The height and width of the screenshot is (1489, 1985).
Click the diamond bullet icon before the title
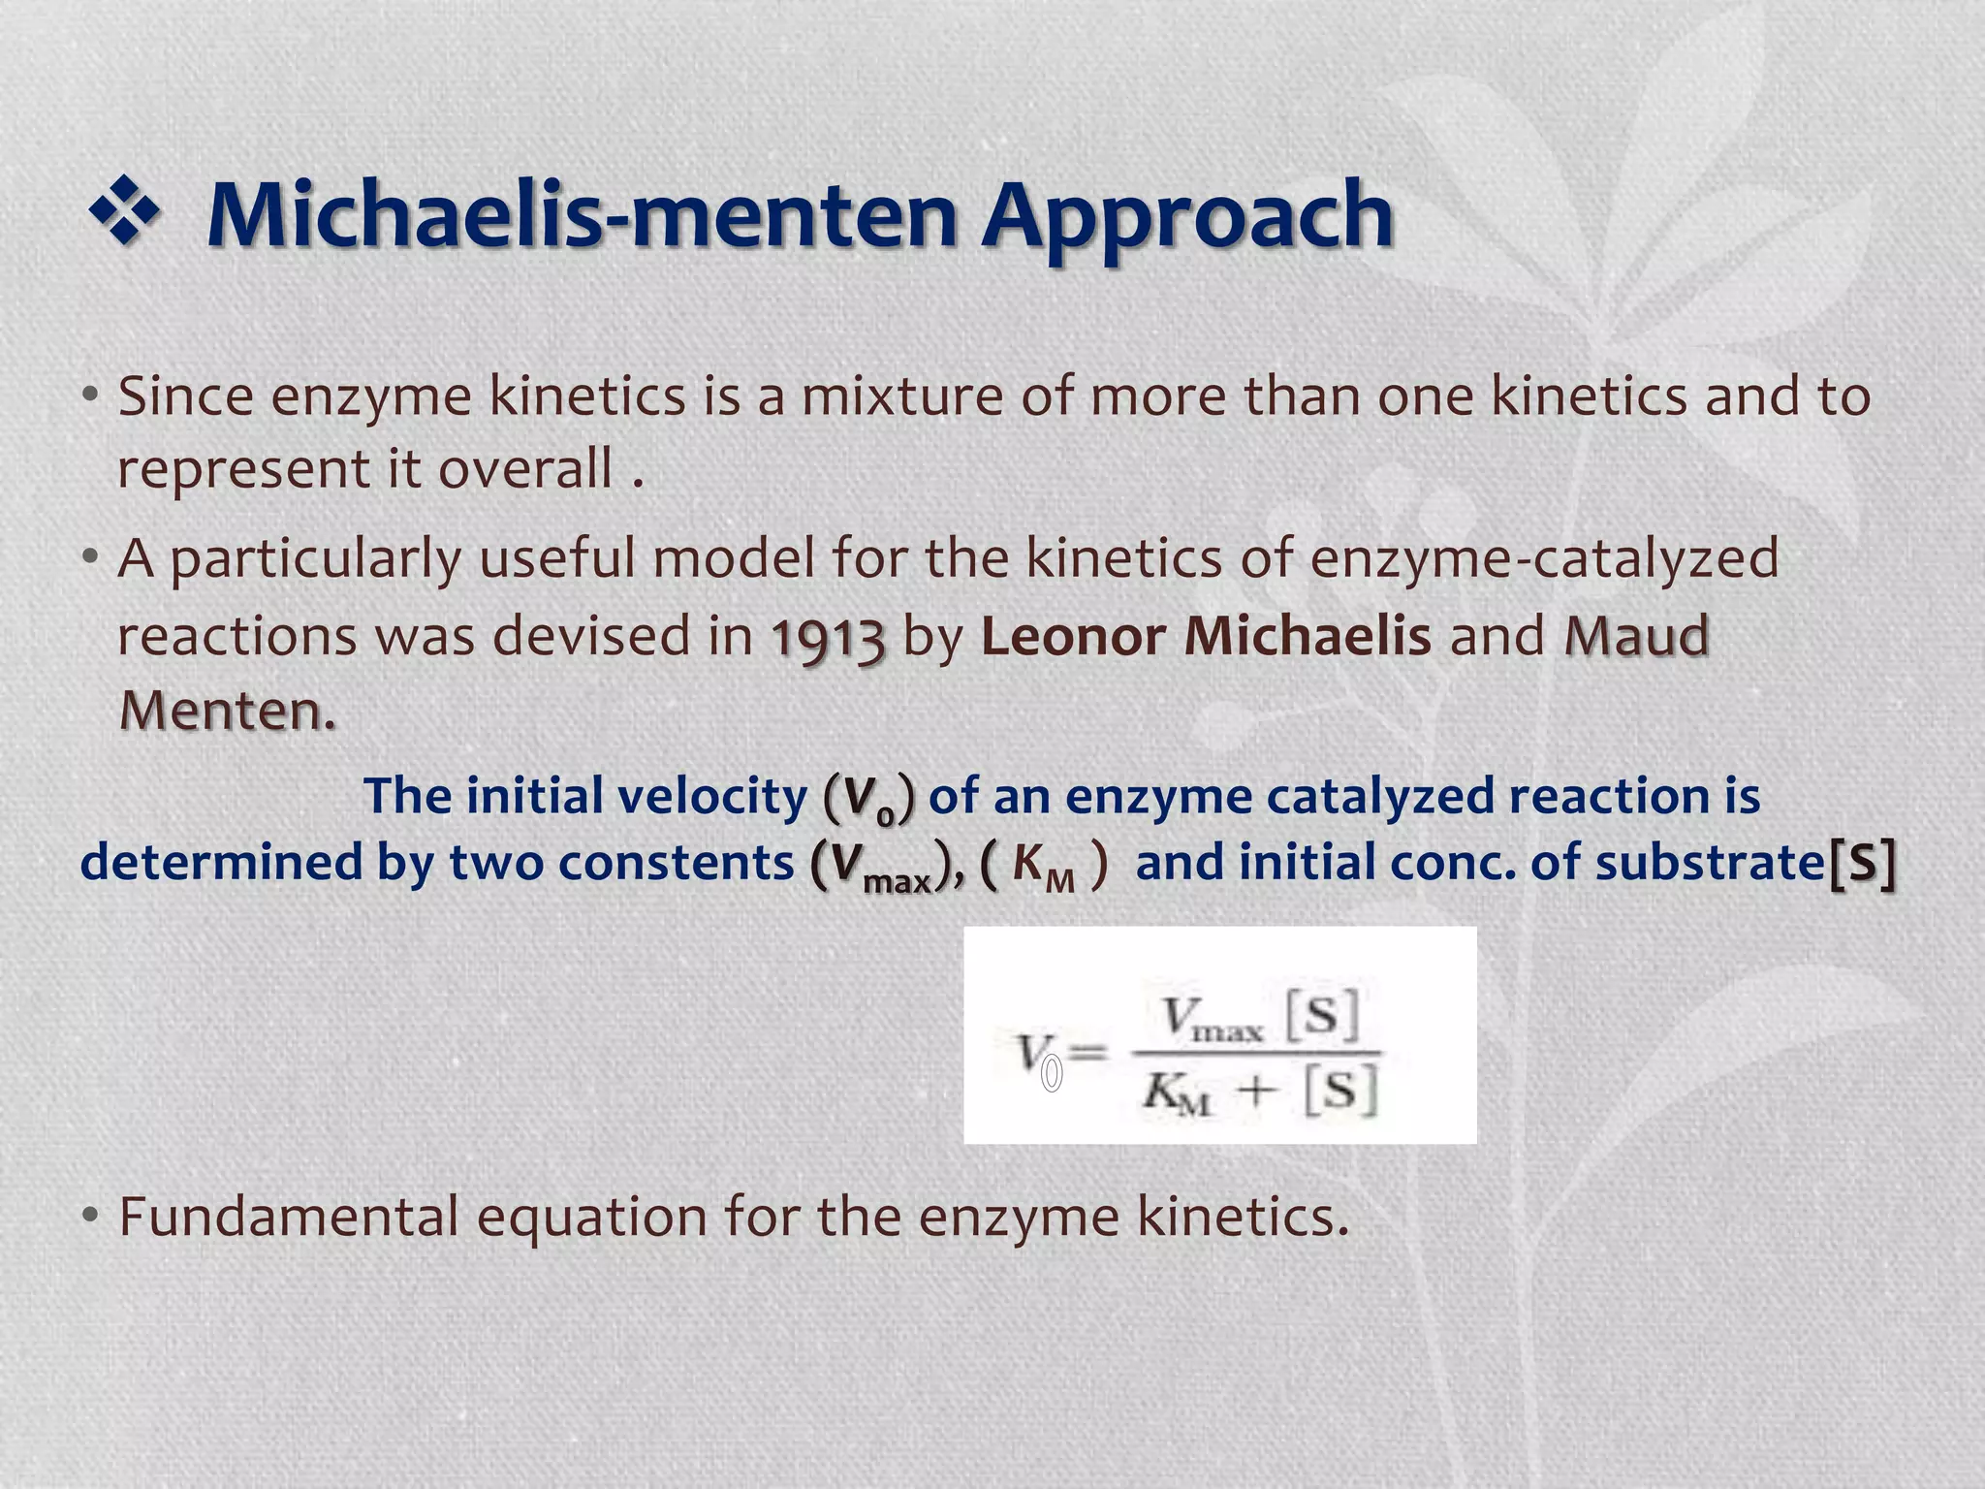(124, 210)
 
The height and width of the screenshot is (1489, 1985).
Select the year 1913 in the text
(828, 638)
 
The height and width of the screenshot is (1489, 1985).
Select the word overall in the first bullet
(525, 469)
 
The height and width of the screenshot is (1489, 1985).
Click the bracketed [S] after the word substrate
(1862, 862)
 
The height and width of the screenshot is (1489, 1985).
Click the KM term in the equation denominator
(1176, 1094)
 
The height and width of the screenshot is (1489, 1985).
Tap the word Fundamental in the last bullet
(288, 1216)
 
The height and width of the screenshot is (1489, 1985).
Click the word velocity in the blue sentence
(712, 796)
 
